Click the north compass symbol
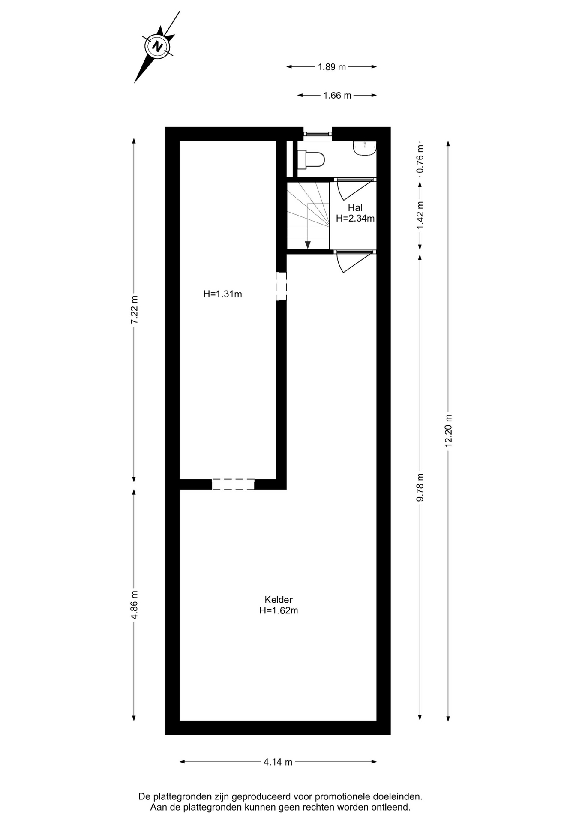157,46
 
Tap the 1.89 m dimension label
332,67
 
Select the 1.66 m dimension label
337,96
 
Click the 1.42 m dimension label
420,215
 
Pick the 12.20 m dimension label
449,430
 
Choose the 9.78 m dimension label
420,487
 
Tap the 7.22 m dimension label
135,311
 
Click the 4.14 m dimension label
278,762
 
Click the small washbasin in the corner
365,148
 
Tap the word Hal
355,208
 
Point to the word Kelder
279,600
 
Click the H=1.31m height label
222,294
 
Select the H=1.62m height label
279,610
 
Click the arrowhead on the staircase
308,244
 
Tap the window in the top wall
318,134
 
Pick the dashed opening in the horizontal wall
233,484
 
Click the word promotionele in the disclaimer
340,796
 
